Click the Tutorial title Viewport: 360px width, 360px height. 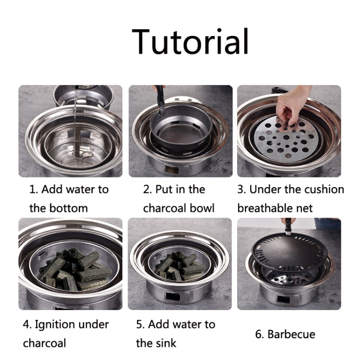click(191, 41)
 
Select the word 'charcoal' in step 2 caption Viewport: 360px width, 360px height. click(165, 208)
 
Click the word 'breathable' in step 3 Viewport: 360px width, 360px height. click(262, 208)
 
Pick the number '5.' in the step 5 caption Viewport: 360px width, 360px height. click(141, 324)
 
